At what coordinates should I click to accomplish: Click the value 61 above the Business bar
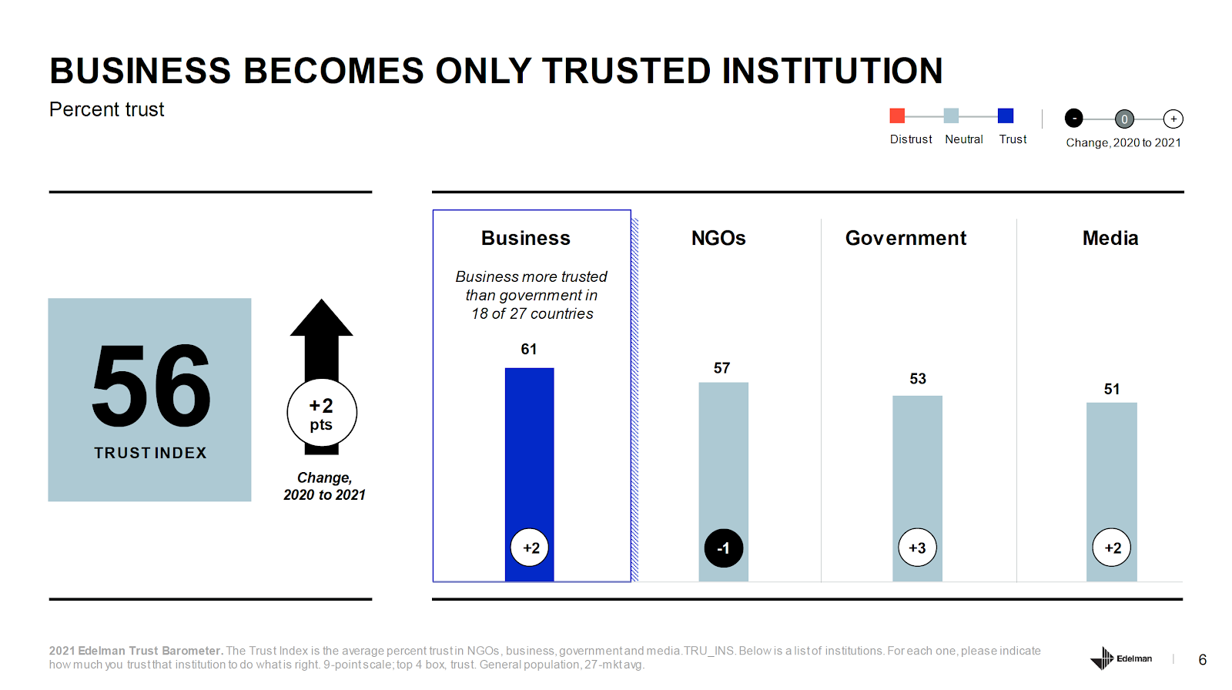[529, 350]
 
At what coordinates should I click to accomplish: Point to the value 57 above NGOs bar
[721, 368]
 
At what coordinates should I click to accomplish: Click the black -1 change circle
[723, 548]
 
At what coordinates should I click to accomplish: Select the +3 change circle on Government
[917, 548]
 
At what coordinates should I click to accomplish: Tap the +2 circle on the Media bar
[1112, 548]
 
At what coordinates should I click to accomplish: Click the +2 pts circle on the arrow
[322, 414]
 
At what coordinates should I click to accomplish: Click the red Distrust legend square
[897, 116]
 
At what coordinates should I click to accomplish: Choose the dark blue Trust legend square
[1006, 116]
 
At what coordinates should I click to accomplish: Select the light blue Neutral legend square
[951, 116]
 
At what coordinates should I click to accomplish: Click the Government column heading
[906, 239]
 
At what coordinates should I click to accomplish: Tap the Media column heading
[1110, 239]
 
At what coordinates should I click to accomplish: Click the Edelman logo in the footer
[1121, 658]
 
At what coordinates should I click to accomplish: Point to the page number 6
[1203, 660]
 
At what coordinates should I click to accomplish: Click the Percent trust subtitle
[107, 110]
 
